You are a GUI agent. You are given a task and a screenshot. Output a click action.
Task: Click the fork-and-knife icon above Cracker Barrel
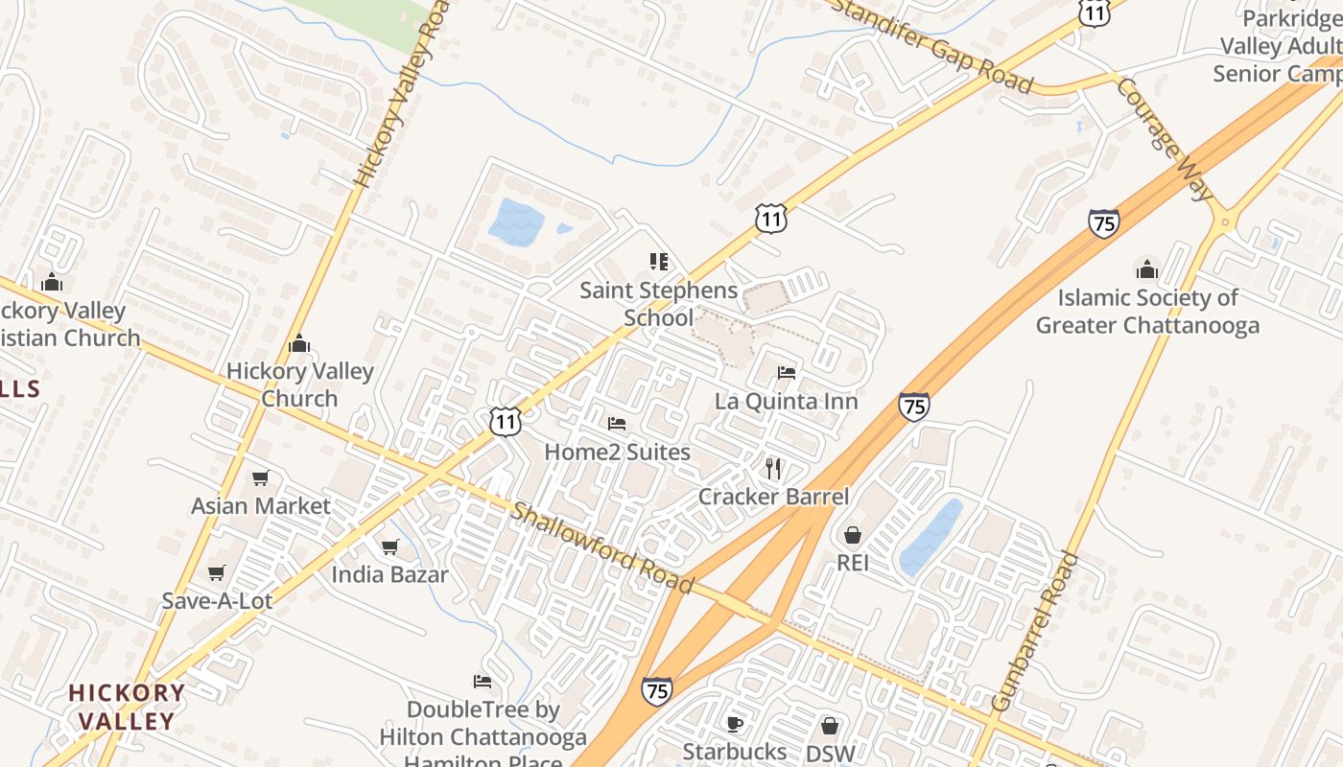point(774,469)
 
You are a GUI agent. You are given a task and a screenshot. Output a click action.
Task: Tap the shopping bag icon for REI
point(853,535)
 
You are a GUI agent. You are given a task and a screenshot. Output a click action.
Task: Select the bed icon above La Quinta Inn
point(787,372)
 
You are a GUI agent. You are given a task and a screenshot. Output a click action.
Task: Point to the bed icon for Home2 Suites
point(617,423)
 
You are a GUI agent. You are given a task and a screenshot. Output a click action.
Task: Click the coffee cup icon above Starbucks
point(735,724)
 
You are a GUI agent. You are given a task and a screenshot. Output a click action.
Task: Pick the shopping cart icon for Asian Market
point(260,477)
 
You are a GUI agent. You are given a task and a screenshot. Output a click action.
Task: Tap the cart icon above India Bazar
point(389,546)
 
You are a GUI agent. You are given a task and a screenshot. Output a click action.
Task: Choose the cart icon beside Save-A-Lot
point(217,573)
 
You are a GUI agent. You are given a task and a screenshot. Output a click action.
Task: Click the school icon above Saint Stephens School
point(658,262)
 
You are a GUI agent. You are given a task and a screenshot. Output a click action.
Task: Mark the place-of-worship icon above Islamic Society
point(1146,269)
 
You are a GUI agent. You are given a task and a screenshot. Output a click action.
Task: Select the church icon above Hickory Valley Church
point(299,343)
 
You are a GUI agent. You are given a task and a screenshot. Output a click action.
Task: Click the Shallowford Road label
point(601,548)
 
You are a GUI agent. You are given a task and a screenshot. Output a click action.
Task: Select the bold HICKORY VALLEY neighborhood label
point(127,707)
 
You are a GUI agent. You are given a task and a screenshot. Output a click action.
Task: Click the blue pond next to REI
point(930,538)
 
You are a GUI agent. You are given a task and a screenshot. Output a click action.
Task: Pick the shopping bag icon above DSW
point(830,726)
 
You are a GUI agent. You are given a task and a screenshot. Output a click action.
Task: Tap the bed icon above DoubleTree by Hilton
point(483,682)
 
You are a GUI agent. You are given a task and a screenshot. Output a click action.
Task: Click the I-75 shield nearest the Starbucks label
point(656,691)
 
